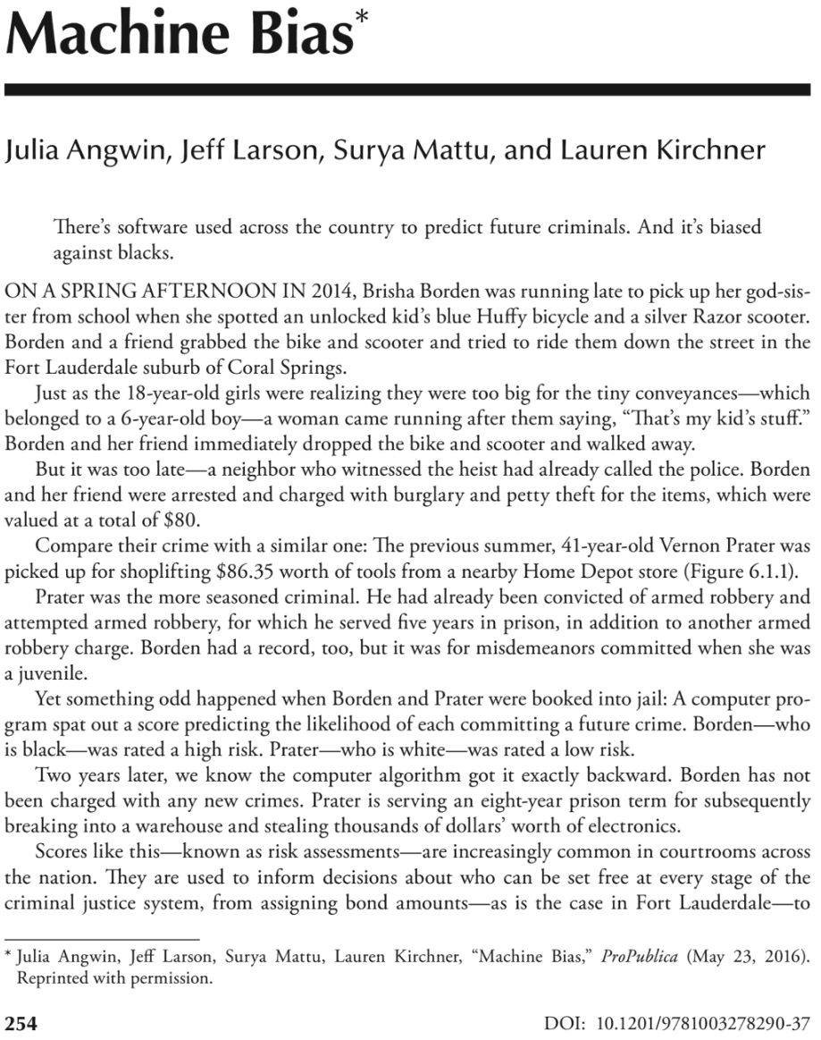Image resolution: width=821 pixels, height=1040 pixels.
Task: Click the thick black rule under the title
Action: pyautogui.click(x=410, y=89)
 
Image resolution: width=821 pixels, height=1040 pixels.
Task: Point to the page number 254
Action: pyautogui.click(x=21, y=1023)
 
